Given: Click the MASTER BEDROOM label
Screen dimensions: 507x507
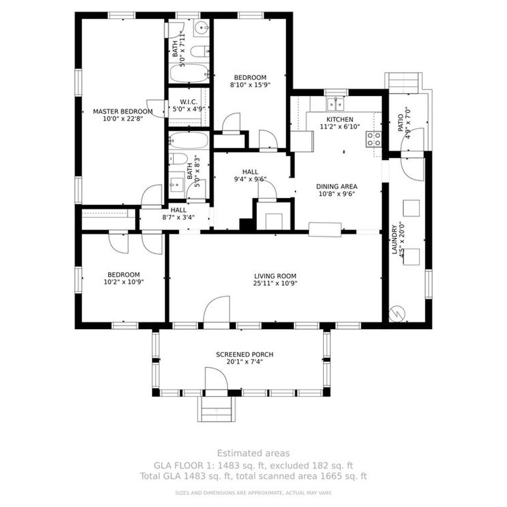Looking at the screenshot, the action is coord(123,112).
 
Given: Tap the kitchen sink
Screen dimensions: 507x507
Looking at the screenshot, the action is coord(336,104).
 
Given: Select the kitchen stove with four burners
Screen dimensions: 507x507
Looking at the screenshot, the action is coord(374,139).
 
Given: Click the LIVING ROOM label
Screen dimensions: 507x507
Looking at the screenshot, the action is coord(275,276).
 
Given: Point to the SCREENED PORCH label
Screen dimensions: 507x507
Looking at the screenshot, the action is coord(245,354).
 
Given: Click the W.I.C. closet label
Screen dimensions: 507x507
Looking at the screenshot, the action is coord(189,102).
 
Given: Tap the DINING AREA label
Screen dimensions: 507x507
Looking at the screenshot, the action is coord(337,187).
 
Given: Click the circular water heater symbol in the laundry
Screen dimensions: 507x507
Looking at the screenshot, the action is coord(396,313).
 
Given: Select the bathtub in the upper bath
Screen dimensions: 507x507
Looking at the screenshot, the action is coord(190,74).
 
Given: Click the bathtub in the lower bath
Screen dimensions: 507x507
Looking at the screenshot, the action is coord(189,140).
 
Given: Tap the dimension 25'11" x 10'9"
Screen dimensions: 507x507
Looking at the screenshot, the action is coord(275,283).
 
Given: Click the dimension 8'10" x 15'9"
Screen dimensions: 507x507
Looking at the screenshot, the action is coord(250,85).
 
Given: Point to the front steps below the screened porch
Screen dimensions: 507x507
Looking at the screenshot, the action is coord(216,409).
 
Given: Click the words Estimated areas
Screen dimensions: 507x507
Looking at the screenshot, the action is coord(253,453).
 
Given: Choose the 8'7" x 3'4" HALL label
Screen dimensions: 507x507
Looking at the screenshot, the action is coord(178,214).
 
